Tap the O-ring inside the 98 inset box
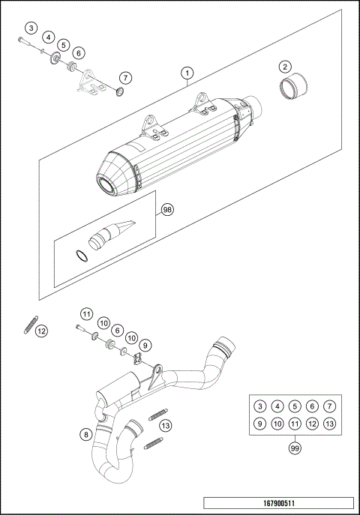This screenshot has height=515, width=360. click(x=82, y=255)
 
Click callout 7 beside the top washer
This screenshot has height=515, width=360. click(x=124, y=77)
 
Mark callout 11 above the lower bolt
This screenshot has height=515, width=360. click(x=86, y=313)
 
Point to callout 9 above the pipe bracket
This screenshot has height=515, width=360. click(x=145, y=344)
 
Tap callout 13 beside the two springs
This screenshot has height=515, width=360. click(x=166, y=425)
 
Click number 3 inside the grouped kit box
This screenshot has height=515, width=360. click(x=259, y=406)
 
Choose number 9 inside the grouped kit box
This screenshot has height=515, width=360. click(x=259, y=424)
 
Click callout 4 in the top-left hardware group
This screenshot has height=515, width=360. click(x=47, y=37)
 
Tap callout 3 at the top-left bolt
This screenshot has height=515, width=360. click(x=30, y=28)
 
